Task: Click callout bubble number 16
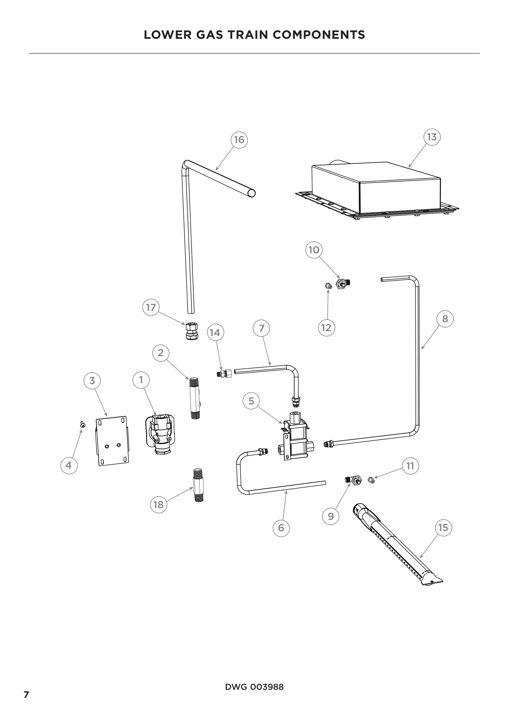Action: click(x=239, y=140)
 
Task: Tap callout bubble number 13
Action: click(x=432, y=137)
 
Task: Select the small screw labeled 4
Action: click(x=83, y=424)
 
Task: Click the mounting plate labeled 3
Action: click(x=112, y=440)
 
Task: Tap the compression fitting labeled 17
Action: click(x=191, y=331)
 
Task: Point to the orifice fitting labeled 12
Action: click(x=328, y=286)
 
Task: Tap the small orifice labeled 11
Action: click(x=371, y=481)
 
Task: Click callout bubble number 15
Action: click(x=443, y=528)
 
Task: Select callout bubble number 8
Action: click(x=445, y=319)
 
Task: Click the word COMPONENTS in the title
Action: click(x=319, y=35)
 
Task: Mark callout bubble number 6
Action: click(x=281, y=528)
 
